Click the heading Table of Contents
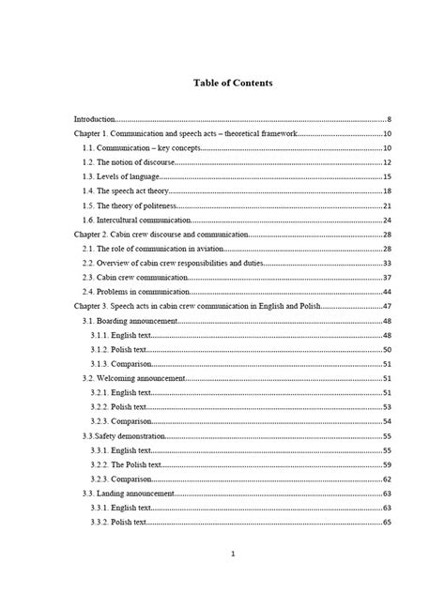pos(233,83)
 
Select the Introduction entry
pos(95,120)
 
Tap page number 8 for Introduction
pos(389,120)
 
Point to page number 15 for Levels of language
pos(387,176)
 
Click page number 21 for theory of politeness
pos(387,205)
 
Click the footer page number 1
pos(232,555)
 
